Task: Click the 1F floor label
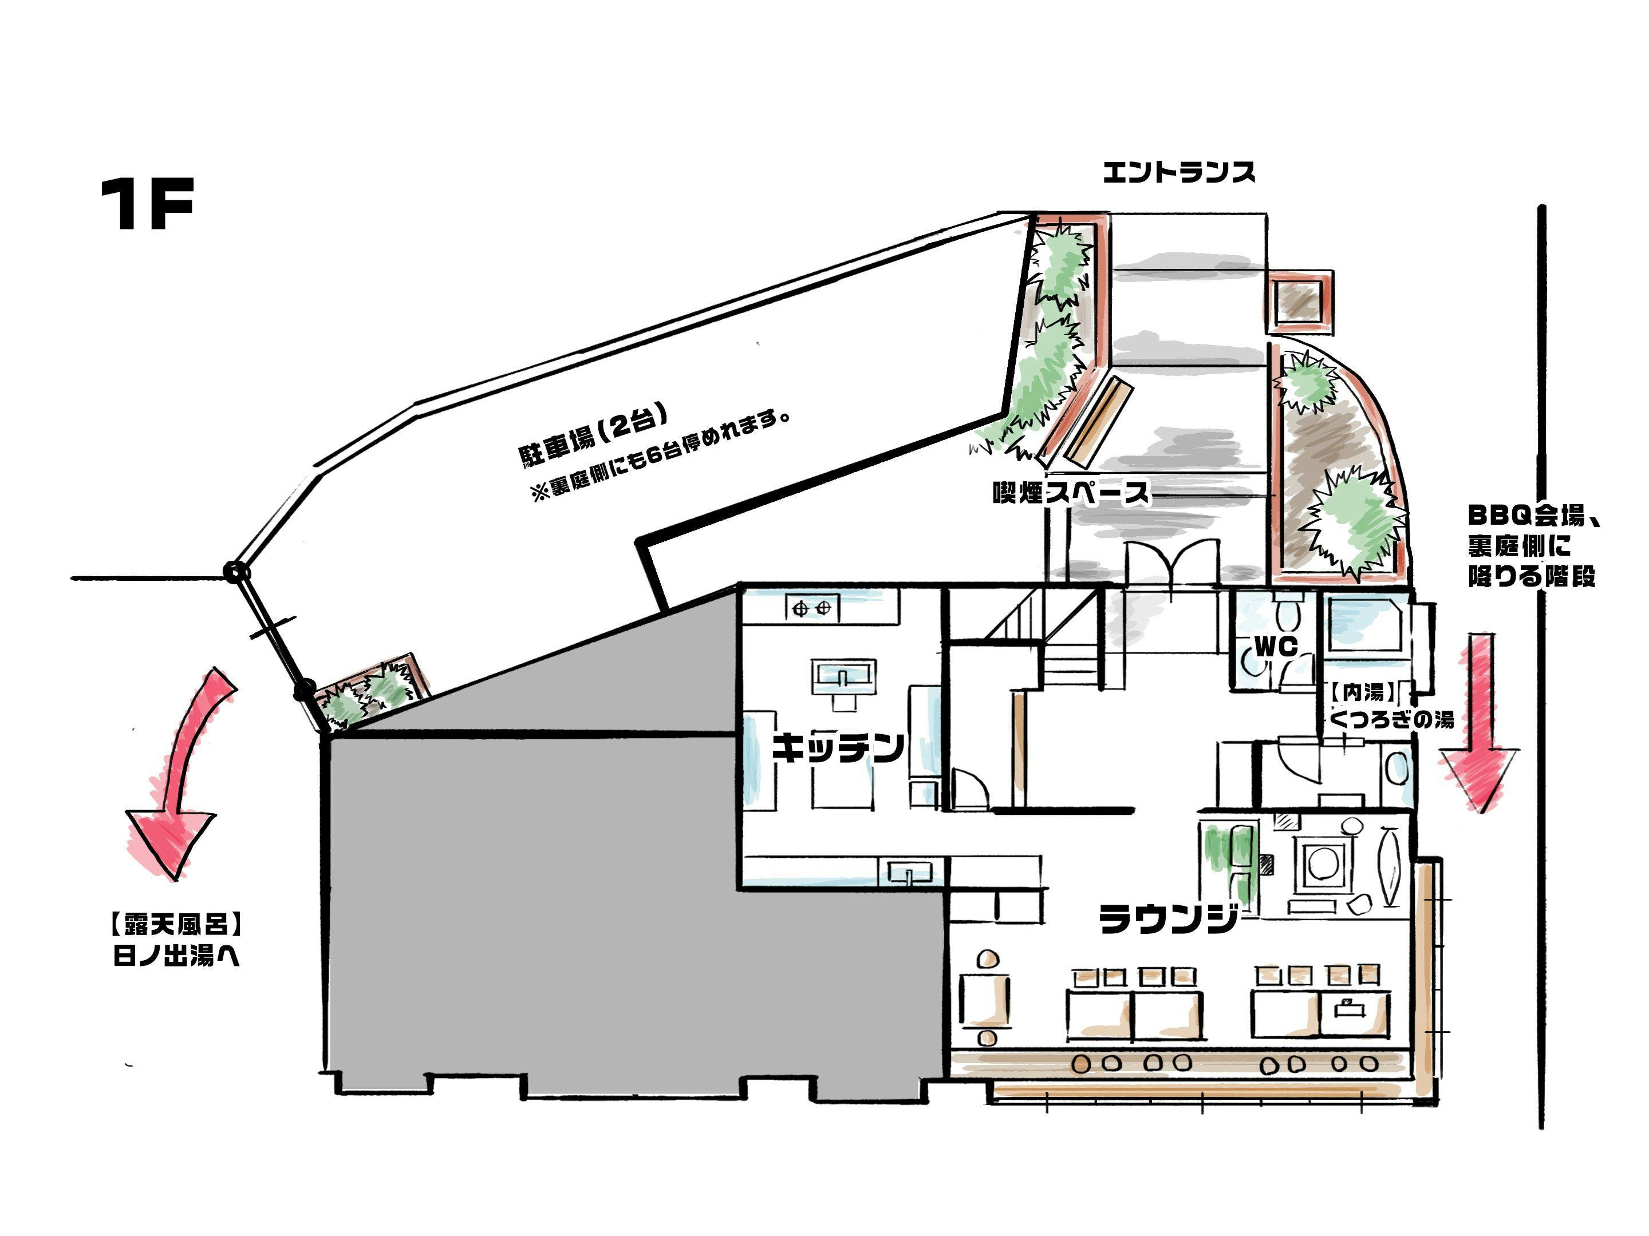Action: pyautogui.click(x=147, y=204)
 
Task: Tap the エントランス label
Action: pyautogui.click(x=1178, y=173)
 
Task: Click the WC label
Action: pyautogui.click(x=1276, y=647)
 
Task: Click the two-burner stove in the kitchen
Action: pyautogui.click(x=812, y=609)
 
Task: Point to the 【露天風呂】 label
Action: pyautogui.click(x=176, y=925)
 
